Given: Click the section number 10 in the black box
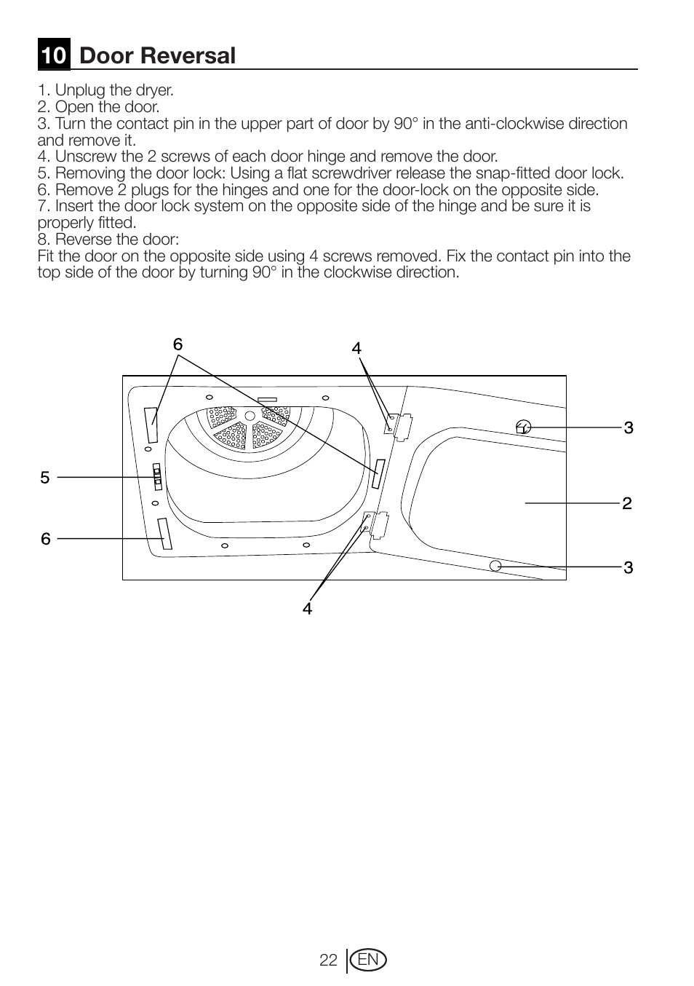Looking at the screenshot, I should coord(54,56).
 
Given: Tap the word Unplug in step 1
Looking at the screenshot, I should coord(79,90).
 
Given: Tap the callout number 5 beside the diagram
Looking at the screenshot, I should coord(45,478).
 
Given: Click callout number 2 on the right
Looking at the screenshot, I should coord(627,503).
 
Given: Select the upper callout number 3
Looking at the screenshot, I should coord(629,427).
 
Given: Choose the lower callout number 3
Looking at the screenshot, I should coord(629,567).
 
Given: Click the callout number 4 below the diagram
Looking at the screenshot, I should coord(308,609).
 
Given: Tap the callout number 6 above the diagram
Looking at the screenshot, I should coord(178,345).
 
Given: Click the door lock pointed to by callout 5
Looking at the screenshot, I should coord(156,477).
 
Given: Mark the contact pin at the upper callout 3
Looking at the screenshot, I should coord(522,427).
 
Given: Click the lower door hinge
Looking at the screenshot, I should coord(376,523).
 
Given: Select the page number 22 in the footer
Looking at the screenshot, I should coord(328,961).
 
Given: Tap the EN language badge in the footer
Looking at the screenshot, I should coord(368,961).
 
